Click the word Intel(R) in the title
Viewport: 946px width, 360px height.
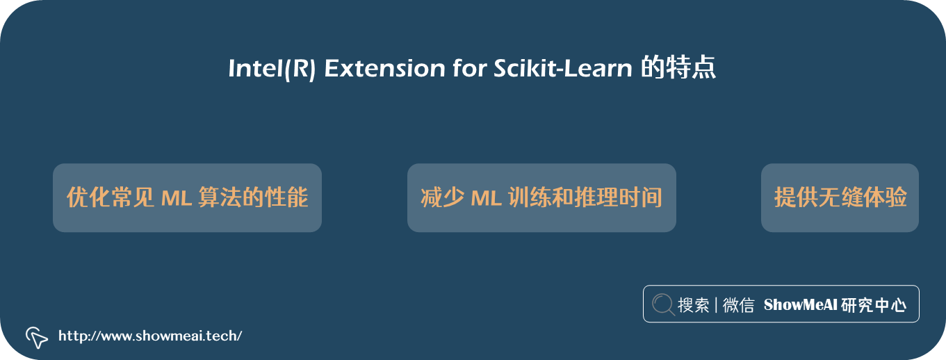(272, 68)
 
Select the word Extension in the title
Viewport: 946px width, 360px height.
(385, 68)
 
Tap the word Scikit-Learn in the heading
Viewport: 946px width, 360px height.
(563, 68)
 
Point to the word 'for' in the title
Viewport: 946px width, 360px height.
(470, 67)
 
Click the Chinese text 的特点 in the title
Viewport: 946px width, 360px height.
(678, 67)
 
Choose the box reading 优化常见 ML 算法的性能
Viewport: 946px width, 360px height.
(187, 197)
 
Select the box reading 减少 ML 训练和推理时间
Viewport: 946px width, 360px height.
(541, 197)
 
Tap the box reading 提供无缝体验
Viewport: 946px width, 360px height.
(840, 197)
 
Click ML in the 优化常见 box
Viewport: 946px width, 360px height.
(177, 198)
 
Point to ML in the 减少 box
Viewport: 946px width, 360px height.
(486, 198)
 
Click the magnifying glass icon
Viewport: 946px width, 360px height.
(663, 304)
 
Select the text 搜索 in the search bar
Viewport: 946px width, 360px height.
(694, 304)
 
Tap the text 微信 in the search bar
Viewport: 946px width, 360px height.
(738, 304)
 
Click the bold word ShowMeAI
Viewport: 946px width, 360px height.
(800, 304)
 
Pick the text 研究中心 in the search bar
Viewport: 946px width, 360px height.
(873, 304)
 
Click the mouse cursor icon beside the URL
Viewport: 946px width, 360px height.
(37, 338)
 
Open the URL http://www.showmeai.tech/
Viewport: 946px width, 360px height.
(150, 336)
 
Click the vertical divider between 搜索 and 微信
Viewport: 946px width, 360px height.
(716, 304)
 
